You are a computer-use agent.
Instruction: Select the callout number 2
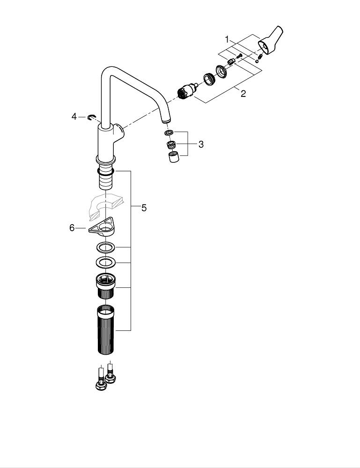pos(243,94)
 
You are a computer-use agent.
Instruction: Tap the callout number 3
pos(201,144)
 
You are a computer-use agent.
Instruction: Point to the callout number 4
pos(74,116)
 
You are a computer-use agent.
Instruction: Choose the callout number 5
pos(144,208)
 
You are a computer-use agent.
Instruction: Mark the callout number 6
pos(72,228)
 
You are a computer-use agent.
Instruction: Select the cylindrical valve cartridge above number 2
pos(188,89)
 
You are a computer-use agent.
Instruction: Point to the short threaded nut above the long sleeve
pos(106,285)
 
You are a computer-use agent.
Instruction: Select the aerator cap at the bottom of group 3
pos(174,157)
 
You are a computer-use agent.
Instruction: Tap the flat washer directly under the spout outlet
pos(169,133)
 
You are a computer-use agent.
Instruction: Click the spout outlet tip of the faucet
pos(165,122)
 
